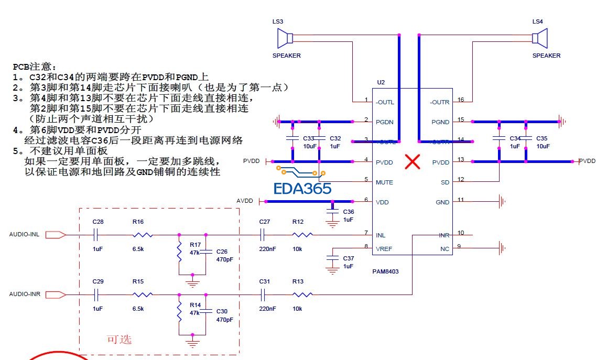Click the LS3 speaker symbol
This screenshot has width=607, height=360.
click(285, 38)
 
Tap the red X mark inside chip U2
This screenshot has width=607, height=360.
click(413, 162)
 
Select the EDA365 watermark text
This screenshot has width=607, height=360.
click(302, 189)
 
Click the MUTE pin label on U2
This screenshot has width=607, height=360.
click(384, 182)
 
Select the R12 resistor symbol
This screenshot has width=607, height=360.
click(303, 235)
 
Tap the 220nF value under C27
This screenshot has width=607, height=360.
click(267, 249)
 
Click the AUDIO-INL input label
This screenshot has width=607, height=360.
click(25, 234)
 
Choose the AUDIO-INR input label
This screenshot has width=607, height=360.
click(25, 294)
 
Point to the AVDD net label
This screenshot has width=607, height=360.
click(245, 201)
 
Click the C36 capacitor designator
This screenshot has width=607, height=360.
click(348, 211)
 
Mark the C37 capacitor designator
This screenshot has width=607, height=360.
click(348, 258)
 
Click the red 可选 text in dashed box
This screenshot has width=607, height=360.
click(119, 340)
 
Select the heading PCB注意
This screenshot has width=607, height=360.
click(34, 67)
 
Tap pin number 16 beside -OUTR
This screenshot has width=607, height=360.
click(461, 100)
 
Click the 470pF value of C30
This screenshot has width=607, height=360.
click(224, 319)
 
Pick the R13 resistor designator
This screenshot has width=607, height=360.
click(298, 281)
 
